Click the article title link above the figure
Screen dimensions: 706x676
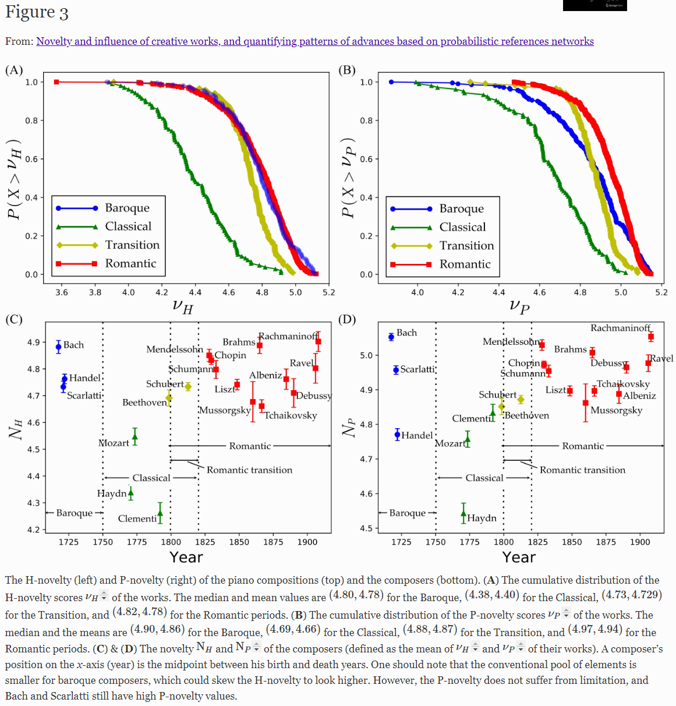314,41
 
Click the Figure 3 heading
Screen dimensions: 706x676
37,13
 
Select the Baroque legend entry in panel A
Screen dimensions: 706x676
127,208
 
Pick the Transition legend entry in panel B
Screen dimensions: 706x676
466,246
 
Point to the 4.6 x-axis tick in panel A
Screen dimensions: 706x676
229,292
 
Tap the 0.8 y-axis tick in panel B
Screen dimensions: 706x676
366,121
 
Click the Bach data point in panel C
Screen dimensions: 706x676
59,347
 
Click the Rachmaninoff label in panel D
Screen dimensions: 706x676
620,328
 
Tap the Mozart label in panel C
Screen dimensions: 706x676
114,443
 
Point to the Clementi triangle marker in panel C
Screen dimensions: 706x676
160,513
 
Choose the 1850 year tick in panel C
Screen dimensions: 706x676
239,542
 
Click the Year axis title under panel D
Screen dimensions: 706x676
519,557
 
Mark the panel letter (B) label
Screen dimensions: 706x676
347,70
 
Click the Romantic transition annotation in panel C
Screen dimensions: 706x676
249,470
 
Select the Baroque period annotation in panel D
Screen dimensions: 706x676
407,513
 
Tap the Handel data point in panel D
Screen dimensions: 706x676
398,435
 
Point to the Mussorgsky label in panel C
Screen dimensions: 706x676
225,410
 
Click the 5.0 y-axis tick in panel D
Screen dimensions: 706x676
366,355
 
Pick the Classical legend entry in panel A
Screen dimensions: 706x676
128,227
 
